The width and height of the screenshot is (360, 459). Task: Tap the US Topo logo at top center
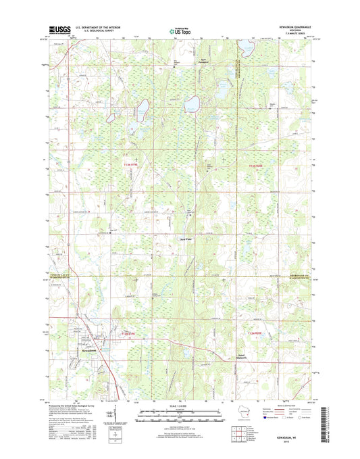pos(179,30)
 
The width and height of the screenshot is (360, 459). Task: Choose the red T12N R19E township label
pos(132,334)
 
